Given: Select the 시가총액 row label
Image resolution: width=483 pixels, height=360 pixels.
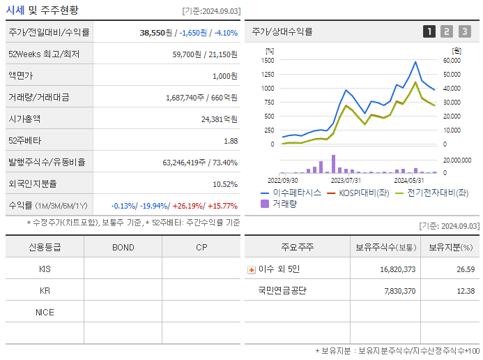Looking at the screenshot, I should (x=25, y=119).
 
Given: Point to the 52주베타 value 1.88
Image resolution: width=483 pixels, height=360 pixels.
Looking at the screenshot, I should (x=230, y=141).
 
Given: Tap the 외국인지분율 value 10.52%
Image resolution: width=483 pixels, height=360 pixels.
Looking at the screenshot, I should (x=224, y=184).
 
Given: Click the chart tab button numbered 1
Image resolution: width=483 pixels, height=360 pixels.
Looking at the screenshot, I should (x=429, y=31).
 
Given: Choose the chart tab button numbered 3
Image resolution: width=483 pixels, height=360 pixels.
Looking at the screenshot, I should (x=464, y=31).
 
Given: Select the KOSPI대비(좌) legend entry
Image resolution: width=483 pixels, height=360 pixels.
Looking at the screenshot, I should (x=363, y=193).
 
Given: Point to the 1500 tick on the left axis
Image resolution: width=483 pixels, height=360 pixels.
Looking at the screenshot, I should (x=268, y=60).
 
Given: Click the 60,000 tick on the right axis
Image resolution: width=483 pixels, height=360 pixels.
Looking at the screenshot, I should (x=451, y=60).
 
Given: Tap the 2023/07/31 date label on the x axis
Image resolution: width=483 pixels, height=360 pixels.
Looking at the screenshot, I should (x=345, y=179).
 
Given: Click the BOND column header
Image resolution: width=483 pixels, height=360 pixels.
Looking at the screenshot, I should (x=123, y=247).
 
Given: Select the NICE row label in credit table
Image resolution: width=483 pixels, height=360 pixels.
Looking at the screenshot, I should (x=45, y=312).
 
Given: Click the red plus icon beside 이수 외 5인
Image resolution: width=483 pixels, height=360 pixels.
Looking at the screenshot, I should (x=252, y=269).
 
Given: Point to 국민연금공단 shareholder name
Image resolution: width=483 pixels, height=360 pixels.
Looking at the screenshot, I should (x=282, y=291).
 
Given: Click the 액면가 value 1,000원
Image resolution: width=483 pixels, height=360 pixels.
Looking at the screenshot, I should (x=224, y=76).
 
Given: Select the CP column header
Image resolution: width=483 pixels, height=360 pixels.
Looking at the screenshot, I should (x=201, y=247).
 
